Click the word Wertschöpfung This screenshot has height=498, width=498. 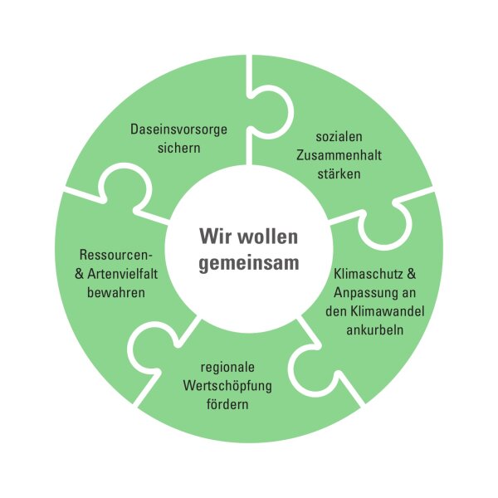click(227, 385)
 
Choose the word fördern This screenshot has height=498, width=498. click(227, 403)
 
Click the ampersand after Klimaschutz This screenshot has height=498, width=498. click(405, 275)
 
